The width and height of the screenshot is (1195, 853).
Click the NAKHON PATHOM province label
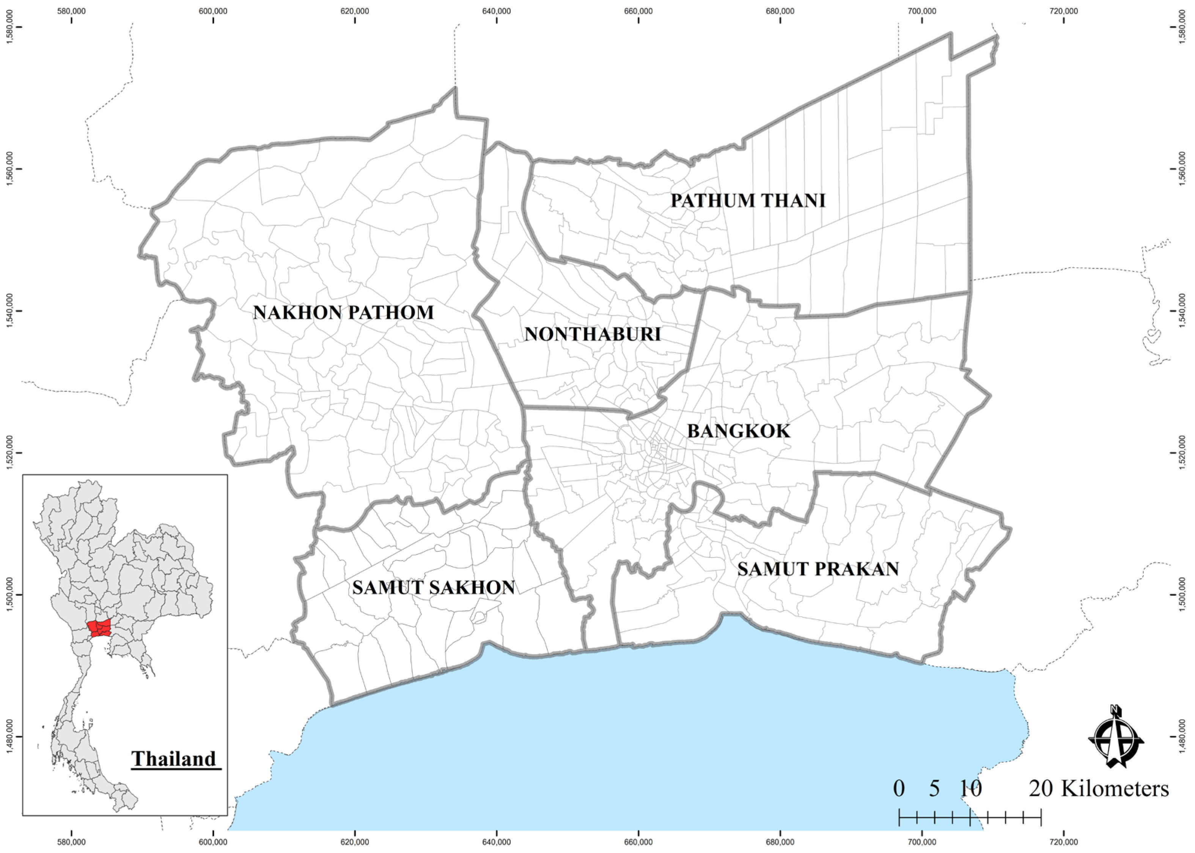point(343,313)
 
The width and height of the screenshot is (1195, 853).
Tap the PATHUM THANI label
point(748,200)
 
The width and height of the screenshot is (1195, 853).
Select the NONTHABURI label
point(592,334)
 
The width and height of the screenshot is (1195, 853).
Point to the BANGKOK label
point(738,431)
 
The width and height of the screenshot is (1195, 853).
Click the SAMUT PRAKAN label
point(818,569)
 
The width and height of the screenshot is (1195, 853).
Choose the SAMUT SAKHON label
point(434,587)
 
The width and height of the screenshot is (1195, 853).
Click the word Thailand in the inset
point(173,759)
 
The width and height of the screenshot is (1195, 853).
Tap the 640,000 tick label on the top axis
point(497,11)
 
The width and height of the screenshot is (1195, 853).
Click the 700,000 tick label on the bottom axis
point(922,842)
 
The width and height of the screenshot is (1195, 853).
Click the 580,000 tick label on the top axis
point(71,11)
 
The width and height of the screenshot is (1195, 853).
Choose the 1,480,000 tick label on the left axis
point(9,737)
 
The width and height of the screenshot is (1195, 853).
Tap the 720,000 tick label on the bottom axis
point(1064,842)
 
